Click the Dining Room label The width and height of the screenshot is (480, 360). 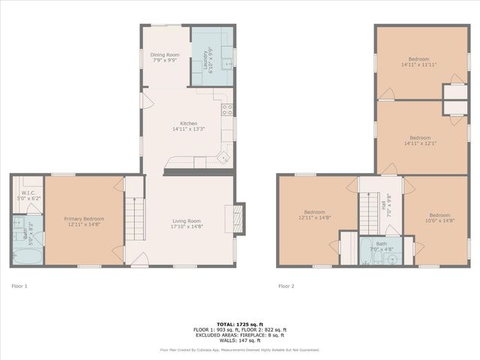[x=164, y=55]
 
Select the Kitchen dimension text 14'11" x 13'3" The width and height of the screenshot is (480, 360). [x=188, y=129]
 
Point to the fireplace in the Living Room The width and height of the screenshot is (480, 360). [x=238, y=218]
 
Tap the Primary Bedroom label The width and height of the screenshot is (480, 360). [x=83, y=218]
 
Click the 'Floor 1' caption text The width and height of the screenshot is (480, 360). [x=19, y=286]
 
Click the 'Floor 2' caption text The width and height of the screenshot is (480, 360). [x=286, y=286]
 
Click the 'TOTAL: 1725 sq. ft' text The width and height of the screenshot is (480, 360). [x=240, y=324]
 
